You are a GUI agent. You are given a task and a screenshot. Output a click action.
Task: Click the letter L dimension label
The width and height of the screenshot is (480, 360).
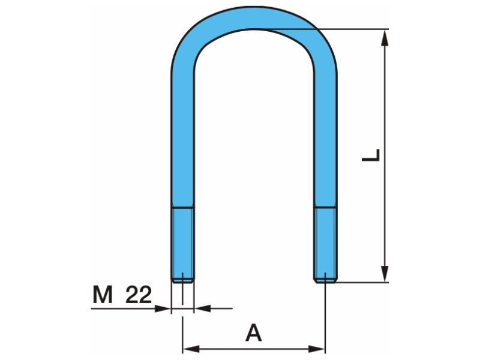coord(371,155)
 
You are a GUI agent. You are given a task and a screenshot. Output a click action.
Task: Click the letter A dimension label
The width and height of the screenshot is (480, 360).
coord(253,333)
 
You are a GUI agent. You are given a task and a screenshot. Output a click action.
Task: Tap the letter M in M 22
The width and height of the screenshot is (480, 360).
coord(103,295)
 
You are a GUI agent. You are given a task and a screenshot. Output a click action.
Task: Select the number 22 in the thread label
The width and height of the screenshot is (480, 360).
coord(139,295)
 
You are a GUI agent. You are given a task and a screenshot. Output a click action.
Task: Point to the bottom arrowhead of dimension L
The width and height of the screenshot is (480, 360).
coord(385,274)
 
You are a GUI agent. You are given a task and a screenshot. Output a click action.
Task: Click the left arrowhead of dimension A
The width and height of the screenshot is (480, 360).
coord(191,349)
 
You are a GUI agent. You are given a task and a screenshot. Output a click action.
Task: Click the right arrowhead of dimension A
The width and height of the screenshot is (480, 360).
coord(317,349)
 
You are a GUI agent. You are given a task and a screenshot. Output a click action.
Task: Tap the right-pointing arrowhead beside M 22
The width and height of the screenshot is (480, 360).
coord(163,308)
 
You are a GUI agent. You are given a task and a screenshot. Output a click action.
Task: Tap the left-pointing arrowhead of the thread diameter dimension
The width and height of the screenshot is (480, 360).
coord(203,308)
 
